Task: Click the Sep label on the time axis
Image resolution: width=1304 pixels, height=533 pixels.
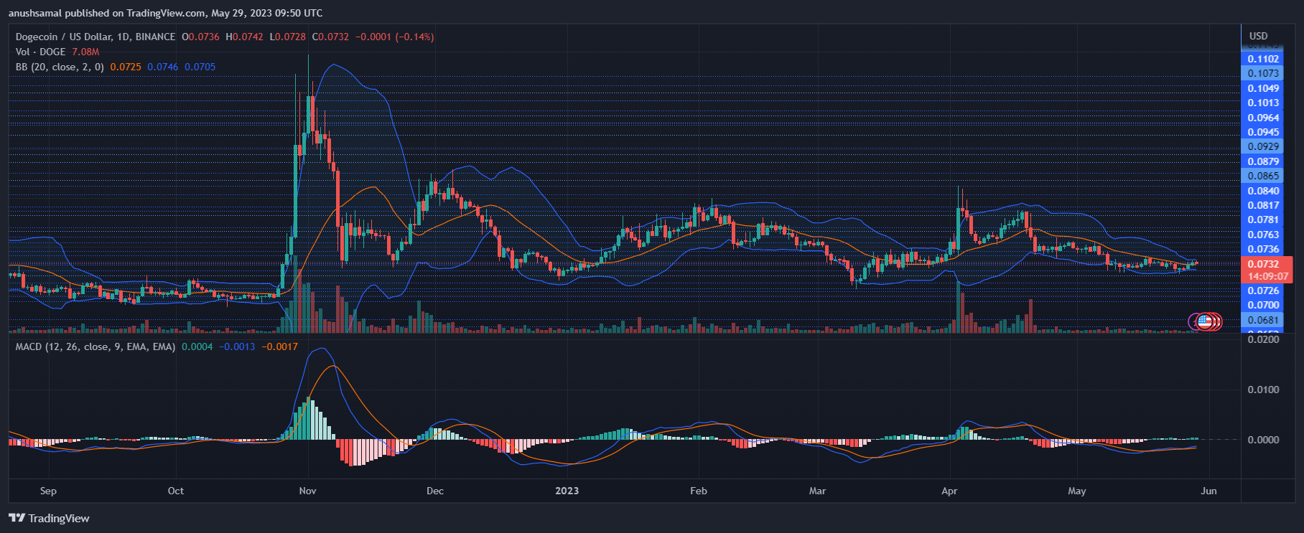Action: click(48, 491)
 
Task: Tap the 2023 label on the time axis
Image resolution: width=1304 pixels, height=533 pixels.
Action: click(567, 491)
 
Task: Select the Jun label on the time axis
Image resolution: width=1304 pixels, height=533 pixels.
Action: click(1208, 491)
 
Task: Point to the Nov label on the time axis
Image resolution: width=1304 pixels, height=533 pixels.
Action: click(307, 491)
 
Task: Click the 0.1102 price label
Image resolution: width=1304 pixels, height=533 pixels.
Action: click(1263, 59)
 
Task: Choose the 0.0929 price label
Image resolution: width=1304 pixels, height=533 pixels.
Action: click(1263, 146)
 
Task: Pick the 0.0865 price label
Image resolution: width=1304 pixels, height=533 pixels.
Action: click(1263, 176)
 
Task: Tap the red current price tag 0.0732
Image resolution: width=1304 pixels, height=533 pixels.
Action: click(1263, 264)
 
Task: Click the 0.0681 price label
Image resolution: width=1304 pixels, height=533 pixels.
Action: click(1263, 320)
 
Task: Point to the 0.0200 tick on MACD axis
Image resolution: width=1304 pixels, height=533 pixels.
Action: click(1263, 339)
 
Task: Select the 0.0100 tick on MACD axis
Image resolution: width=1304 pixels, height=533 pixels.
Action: click(1263, 390)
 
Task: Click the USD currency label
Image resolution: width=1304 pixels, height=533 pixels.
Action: click(1258, 36)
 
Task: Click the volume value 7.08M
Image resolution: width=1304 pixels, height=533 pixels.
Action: click(85, 52)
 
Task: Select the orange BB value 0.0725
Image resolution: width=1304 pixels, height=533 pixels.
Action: click(126, 67)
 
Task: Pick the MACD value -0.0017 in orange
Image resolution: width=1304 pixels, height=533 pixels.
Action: click(280, 346)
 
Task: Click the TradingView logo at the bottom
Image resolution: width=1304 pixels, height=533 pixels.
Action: click(50, 518)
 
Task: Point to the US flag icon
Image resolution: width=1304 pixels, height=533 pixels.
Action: click(1204, 321)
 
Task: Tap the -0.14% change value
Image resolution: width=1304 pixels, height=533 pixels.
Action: click(415, 37)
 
